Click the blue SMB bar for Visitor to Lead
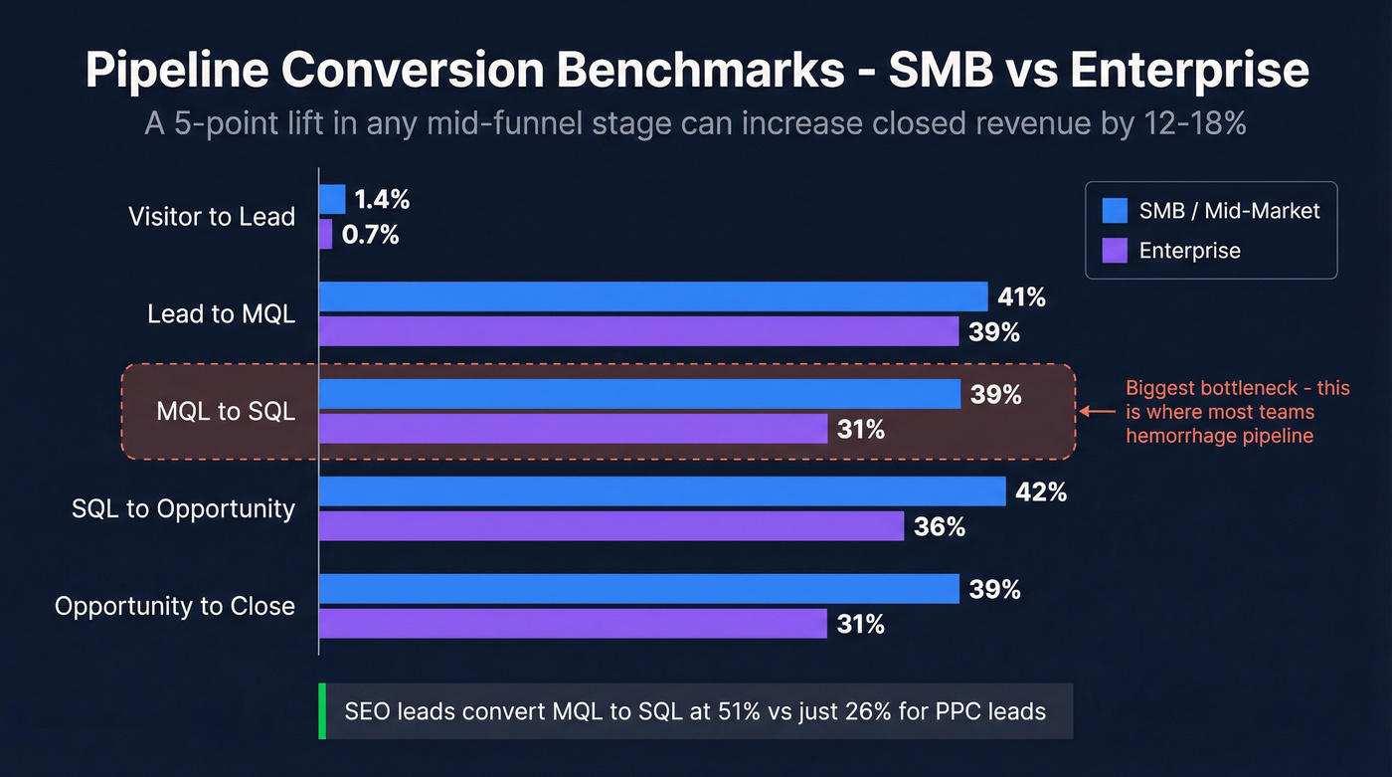[x=332, y=199]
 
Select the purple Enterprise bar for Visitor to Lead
[x=325, y=235]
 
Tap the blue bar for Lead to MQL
[x=652, y=296]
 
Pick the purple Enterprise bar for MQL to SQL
[x=573, y=429]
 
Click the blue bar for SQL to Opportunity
[x=662, y=491]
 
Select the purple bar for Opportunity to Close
[x=573, y=624]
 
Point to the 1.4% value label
[x=382, y=199]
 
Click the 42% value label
[x=1041, y=491]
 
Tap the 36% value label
[x=940, y=526]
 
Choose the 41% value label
[x=1022, y=296]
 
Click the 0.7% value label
[x=370, y=235]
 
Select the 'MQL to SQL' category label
[x=226, y=411]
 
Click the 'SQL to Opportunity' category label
[x=184, y=508]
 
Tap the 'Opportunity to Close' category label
[x=175, y=606]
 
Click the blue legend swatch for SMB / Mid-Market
[x=1115, y=210]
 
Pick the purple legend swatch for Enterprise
[x=1115, y=250]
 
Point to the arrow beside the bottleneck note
[x=1097, y=411]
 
